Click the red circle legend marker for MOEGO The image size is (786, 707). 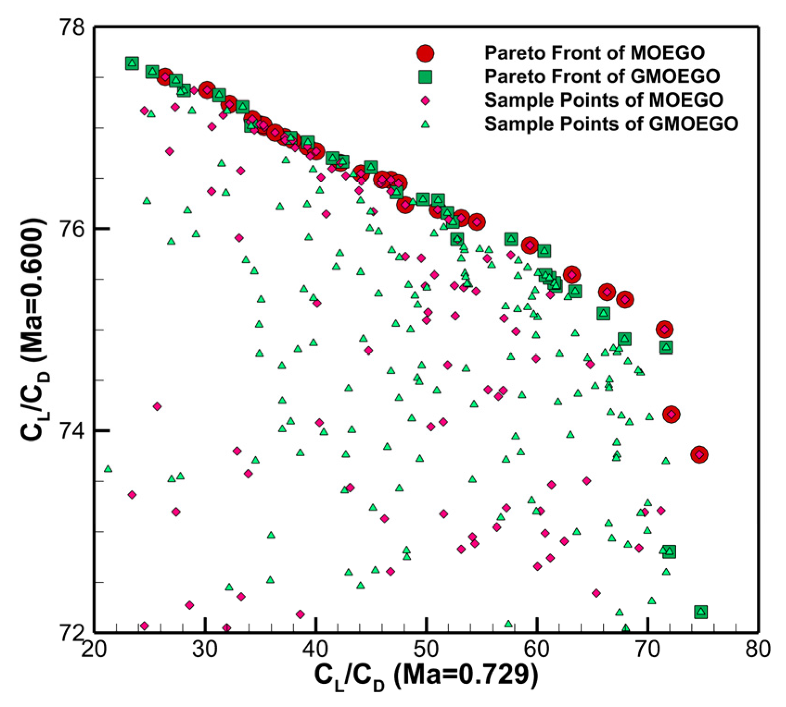point(425,53)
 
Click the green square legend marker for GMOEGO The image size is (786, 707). point(425,77)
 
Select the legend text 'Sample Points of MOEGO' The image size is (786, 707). point(603,100)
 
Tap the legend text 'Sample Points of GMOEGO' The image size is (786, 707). point(611,124)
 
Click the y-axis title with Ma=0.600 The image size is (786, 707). point(35,329)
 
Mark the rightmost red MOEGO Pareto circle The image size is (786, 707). point(699,455)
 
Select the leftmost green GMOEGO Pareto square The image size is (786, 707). point(132,64)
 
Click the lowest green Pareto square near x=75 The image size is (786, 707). point(701,612)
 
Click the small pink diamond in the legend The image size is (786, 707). point(425,100)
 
